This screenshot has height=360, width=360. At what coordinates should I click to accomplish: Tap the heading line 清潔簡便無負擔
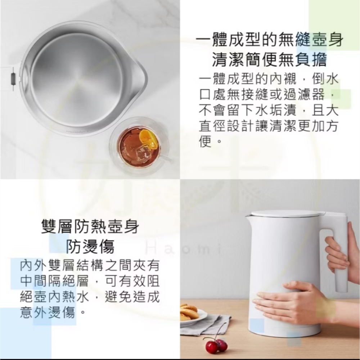point(269,60)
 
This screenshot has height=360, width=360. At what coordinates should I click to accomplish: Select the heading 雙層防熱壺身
point(90,228)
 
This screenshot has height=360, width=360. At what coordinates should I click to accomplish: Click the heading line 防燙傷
point(90,247)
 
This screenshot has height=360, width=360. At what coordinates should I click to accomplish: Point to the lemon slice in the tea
point(149,139)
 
